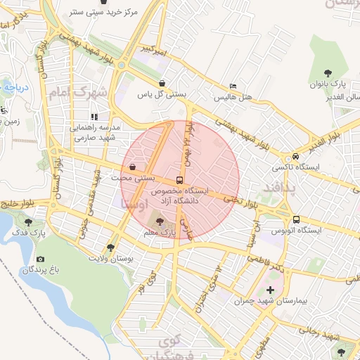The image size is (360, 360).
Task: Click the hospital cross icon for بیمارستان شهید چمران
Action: coord(270,290)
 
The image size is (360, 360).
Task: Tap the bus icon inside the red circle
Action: coord(180,180)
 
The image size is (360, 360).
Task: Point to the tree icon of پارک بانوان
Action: coord(327,72)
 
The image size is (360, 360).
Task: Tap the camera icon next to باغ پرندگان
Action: coord(39,259)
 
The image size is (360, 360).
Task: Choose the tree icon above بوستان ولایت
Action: coord(110,247)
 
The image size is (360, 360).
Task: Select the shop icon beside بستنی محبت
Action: coord(133,167)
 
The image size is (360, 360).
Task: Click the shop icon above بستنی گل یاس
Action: coord(162,83)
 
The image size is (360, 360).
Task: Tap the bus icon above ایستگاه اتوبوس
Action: coord(296,219)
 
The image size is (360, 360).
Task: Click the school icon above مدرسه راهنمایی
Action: coord(94,117)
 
